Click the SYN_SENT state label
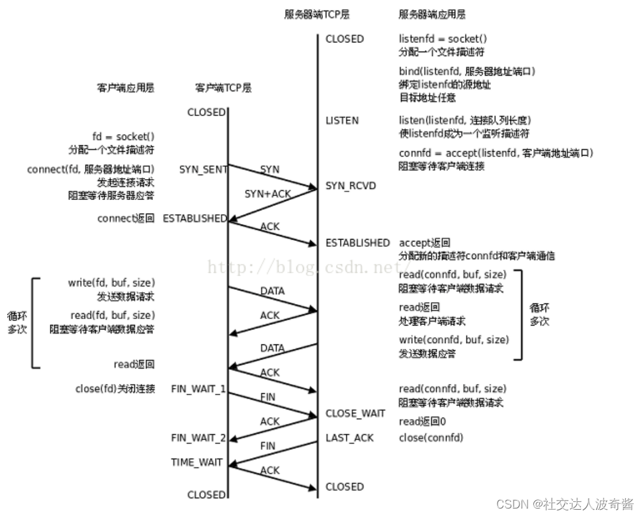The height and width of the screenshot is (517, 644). click(203, 169)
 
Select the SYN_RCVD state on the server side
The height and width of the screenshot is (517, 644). click(350, 186)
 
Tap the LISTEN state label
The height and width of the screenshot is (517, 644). click(342, 120)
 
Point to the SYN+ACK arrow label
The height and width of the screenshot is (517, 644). click(267, 194)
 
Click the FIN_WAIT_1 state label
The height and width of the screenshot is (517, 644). click(199, 389)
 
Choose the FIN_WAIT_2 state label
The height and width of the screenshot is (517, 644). click(199, 438)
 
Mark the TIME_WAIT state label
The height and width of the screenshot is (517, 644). click(197, 462)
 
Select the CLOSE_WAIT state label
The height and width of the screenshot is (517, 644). click(356, 413)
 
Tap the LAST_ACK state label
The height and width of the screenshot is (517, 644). click(350, 438)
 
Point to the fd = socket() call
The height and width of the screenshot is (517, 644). click(123, 137)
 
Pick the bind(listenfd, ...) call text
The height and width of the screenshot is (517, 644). click(467, 71)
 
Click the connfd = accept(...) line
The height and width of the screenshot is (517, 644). click(496, 153)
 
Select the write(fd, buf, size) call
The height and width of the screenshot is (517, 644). click(111, 283)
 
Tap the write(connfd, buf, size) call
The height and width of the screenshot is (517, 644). click(454, 340)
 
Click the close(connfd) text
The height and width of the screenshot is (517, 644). click(430, 438)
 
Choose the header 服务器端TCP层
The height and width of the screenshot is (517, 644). click(309, 14)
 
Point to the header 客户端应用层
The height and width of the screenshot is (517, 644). click(126, 87)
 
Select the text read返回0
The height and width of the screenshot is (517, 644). click(422, 421)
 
